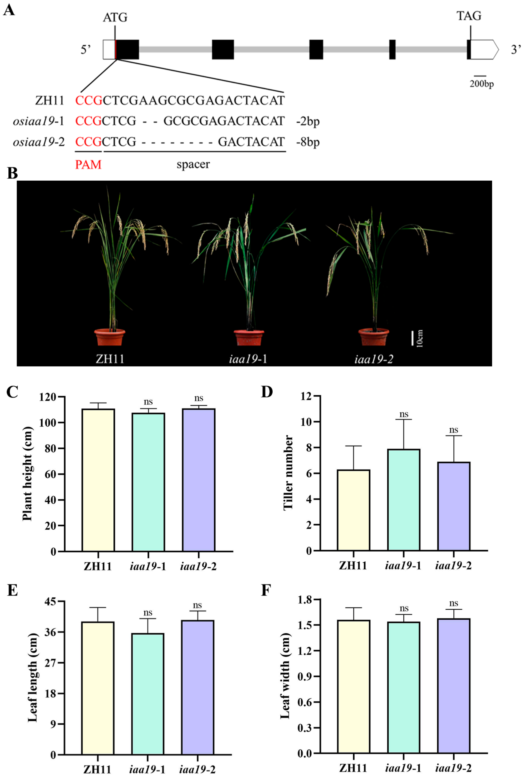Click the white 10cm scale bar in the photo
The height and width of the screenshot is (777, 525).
coord(412,338)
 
